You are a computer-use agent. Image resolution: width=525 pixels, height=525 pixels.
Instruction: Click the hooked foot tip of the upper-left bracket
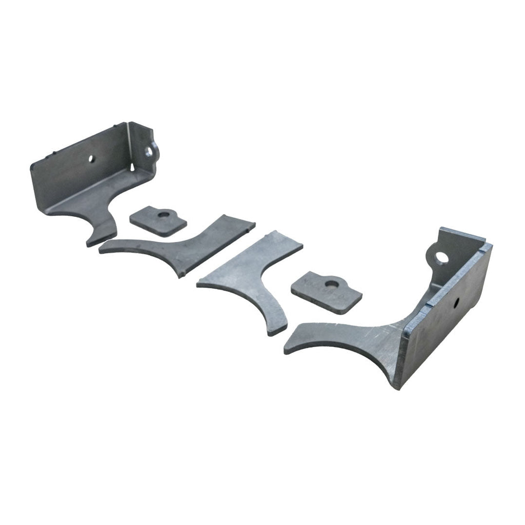click(92, 241)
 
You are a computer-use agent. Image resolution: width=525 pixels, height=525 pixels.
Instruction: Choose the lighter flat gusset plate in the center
click(251, 277)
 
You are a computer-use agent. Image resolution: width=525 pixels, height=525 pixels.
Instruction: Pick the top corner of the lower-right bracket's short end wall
click(442, 229)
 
